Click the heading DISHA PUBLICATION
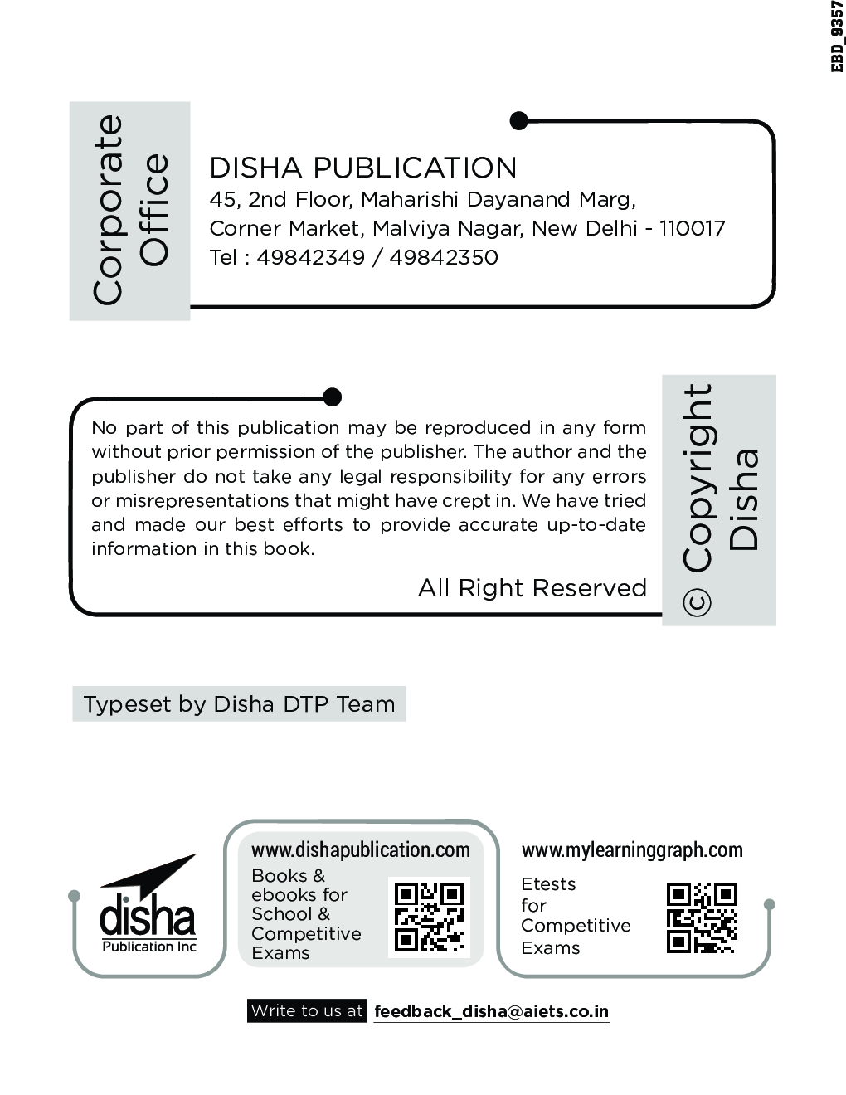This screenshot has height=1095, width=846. [x=362, y=168]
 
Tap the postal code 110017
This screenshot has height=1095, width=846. [x=693, y=228]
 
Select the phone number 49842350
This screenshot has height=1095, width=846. [x=443, y=257]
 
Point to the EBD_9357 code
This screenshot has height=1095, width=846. [x=837, y=37]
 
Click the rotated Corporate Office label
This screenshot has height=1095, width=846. [x=130, y=210]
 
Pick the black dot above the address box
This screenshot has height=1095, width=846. [x=518, y=121]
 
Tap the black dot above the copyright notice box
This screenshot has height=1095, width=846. [x=332, y=397]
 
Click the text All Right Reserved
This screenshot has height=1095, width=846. [x=532, y=588]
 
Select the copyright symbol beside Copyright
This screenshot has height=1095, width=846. [x=698, y=603]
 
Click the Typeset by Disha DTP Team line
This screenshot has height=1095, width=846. [x=239, y=704]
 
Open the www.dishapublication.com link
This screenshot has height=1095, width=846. [x=360, y=850]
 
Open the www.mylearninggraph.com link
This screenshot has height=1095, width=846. [x=632, y=850]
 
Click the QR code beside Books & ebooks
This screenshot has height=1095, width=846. [x=429, y=917]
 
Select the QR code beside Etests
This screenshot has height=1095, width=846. [x=702, y=917]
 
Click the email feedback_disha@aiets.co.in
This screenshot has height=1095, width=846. [x=491, y=1011]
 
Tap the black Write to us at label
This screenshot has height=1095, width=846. [x=307, y=1011]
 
